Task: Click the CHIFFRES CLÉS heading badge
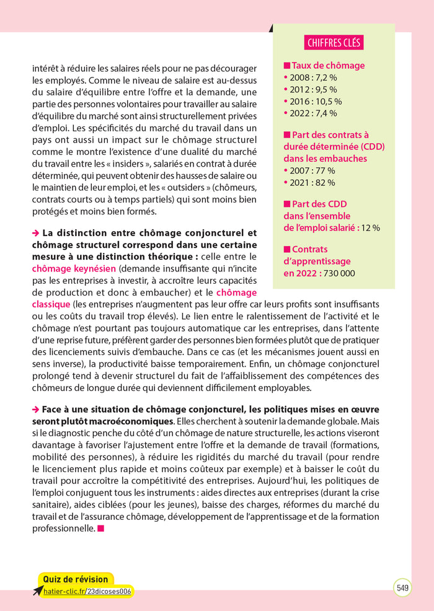pos(334,42)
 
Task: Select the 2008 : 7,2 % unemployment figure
pos(312,77)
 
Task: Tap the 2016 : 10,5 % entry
pos(314,101)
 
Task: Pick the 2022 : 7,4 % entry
pos(312,113)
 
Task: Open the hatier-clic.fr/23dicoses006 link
pos(87,591)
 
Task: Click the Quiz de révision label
pos(75,579)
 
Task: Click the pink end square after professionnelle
pos(101,529)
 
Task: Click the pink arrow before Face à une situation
pos(35,410)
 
